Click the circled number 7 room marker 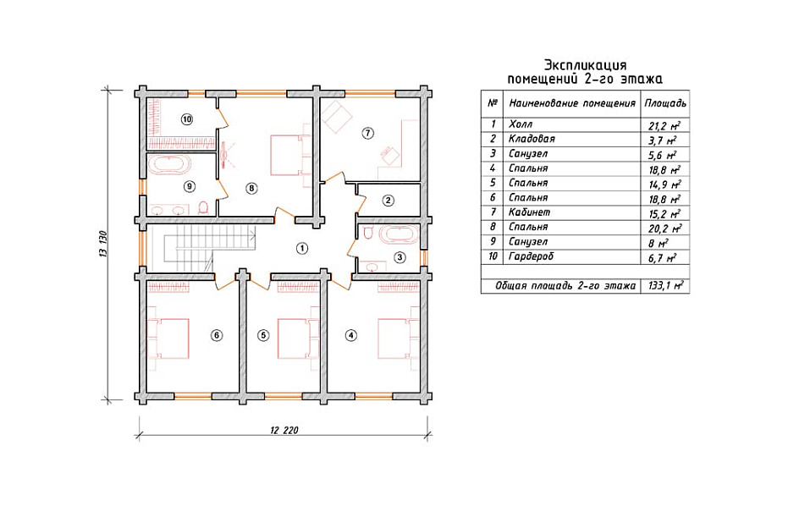(368, 133)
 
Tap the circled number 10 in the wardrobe (187, 119)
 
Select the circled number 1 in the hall (301, 248)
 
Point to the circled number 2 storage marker (388, 201)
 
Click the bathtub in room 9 (169, 164)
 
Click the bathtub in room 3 (398, 234)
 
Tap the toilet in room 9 (203, 207)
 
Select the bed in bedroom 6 (168, 338)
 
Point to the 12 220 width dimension (284, 430)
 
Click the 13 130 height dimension (103, 245)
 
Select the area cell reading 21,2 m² (665, 125)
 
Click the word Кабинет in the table (529, 212)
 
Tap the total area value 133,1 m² (665, 286)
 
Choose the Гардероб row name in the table (531, 256)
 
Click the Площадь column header (665, 103)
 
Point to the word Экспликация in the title (586, 65)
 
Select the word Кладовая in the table (532, 139)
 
